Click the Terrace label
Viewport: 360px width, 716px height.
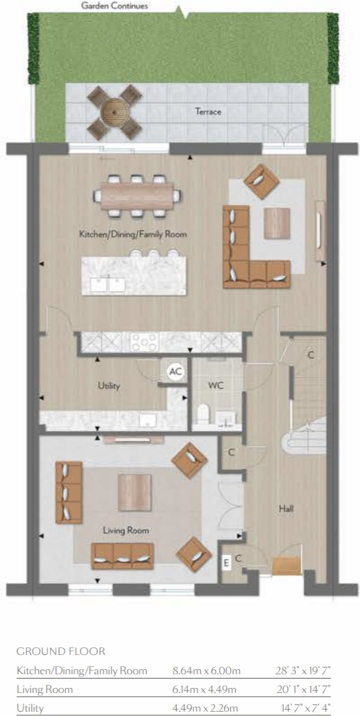(208, 111)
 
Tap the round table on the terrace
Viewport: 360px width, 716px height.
(115, 112)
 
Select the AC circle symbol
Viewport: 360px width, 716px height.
(175, 371)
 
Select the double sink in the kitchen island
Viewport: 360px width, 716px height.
(108, 285)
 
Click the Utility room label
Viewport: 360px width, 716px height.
(108, 386)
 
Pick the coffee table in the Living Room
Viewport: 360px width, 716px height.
(135, 492)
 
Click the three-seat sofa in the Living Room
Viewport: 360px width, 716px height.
(122, 556)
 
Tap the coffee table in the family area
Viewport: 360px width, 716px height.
(277, 223)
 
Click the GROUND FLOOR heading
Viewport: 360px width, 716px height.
(60, 651)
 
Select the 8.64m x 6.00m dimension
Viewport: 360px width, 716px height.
(206, 671)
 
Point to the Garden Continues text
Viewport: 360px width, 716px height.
(114, 6)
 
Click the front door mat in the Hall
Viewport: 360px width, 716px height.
(287, 566)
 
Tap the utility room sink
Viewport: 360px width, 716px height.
(148, 420)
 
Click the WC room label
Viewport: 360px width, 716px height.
(216, 385)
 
